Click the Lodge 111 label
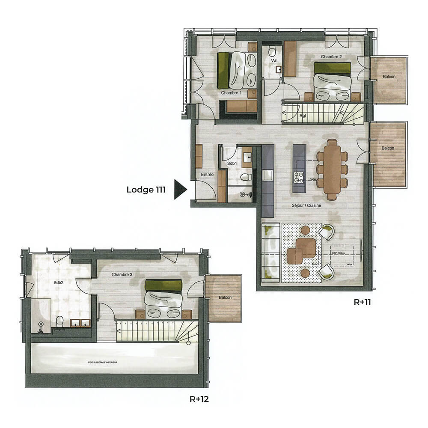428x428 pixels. point(146,190)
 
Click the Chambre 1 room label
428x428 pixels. point(232,92)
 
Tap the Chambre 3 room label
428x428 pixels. point(122,274)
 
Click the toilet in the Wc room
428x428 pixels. point(272,52)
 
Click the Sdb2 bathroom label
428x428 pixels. point(59,283)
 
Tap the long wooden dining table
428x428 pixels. point(332,169)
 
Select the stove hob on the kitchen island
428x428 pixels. point(298,175)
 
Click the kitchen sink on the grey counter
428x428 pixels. point(267,175)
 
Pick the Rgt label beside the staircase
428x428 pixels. point(303,115)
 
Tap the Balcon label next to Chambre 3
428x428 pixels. point(224,297)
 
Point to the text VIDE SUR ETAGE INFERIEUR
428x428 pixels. point(103,362)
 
